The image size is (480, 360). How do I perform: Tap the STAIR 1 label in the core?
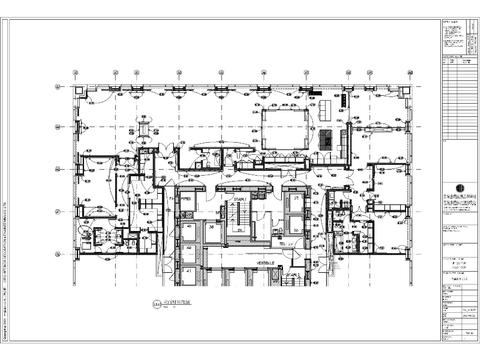pos(240,200)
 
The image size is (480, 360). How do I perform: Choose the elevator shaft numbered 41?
pos(188,271)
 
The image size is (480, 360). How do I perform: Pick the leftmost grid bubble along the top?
pos(76,72)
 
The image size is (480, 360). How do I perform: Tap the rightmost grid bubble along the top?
pos(410,72)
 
